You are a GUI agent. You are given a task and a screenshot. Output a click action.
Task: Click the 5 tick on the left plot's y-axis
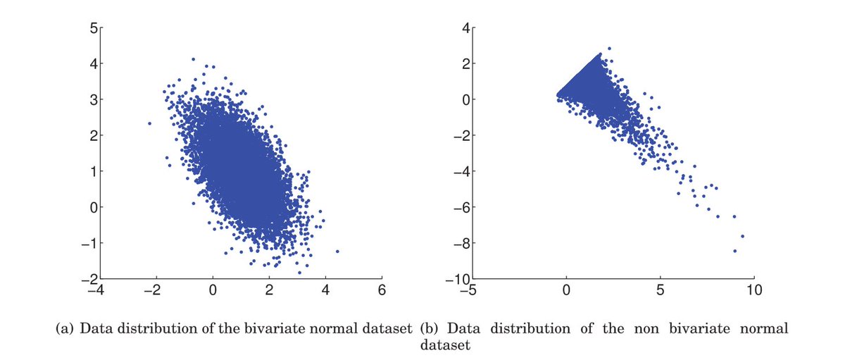(x=93, y=28)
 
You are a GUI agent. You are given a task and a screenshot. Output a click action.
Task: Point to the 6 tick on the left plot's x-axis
(x=382, y=290)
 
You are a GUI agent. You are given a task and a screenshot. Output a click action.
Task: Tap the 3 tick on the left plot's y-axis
(x=93, y=99)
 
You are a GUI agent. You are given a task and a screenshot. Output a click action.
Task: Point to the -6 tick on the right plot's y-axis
(x=463, y=207)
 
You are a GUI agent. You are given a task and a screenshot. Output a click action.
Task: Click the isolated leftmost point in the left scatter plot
(x=149, y=123)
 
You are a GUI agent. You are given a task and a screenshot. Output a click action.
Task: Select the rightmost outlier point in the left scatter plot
(x=337, y=251)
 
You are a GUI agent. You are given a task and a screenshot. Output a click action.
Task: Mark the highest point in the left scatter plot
(x=193, y=59)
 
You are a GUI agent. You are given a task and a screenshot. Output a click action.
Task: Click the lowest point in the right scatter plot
(x=734, y=251)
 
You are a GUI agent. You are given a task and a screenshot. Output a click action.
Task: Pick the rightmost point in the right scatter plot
(x=742, y=236)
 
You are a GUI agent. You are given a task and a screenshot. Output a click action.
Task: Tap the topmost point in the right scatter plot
(x=609, y=49)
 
